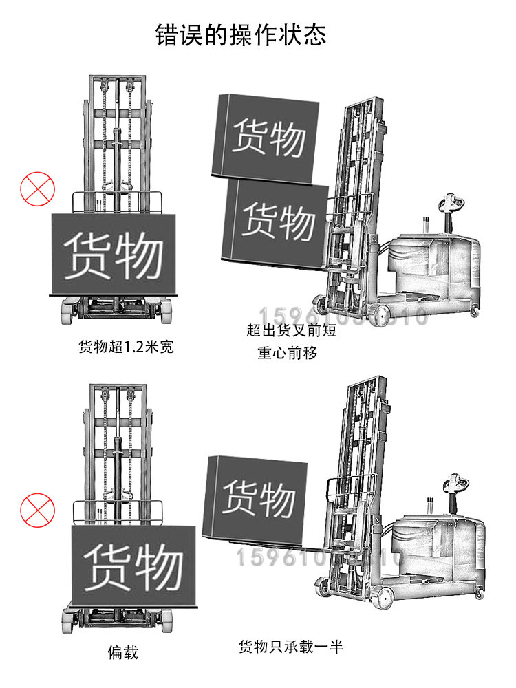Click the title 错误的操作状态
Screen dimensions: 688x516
[x=241, y=34]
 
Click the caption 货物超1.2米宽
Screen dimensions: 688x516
[x=127, y=346]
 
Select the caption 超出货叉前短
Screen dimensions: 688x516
[x=291, y=331]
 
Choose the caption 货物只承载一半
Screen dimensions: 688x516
[x=290, y=647]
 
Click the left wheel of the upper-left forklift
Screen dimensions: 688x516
[x=69, y=313]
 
